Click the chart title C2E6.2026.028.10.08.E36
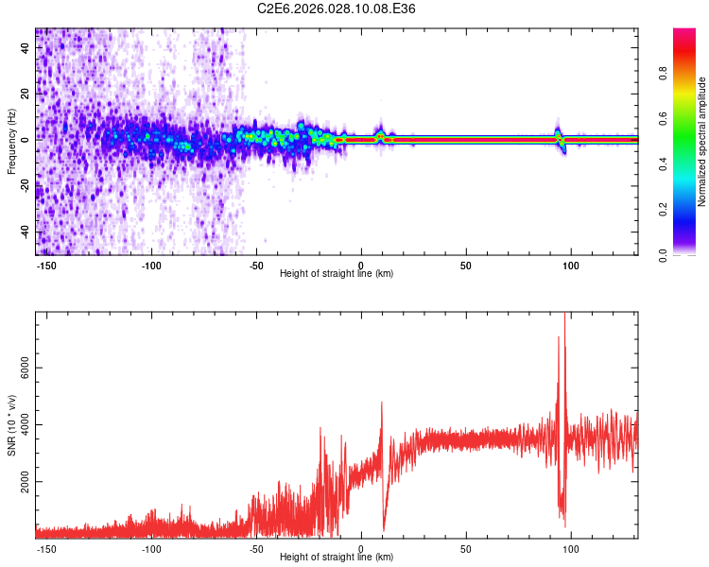point(337,9)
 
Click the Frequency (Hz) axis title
point(11,141)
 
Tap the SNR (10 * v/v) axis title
point(11,424)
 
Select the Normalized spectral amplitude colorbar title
point(701,142)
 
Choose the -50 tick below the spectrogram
point(256,266)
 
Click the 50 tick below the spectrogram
point(466,266)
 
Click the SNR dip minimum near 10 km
point(384,530)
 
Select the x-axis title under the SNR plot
point(337,558)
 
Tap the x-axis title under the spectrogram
point(337,274)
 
